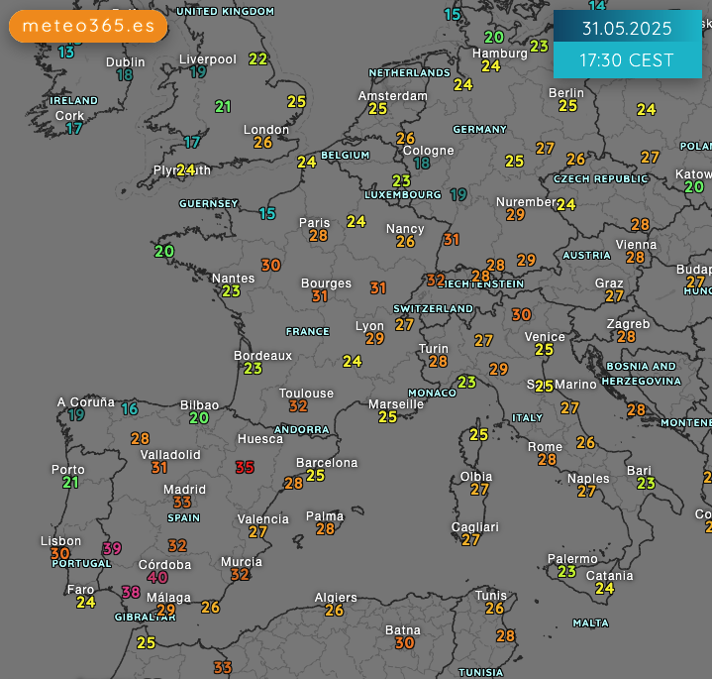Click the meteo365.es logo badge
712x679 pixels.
coord(88,26)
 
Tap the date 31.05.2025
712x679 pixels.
coord(627,28)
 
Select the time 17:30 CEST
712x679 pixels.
coord(627,60)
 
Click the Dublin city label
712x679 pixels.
coord(125,61)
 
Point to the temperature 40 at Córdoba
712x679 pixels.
coord(157,578)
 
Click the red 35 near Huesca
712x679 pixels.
coord(245,467)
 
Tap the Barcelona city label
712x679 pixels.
coord(327,463)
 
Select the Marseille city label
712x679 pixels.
coord(396,404)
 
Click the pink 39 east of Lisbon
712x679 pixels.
coord(112,548)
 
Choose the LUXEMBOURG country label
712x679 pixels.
coord(403,194)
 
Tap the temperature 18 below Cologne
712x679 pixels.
coord(422,164)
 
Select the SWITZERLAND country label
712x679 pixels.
coord(434,308)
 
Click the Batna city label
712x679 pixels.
coord(402,630)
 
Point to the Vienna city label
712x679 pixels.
coord(636,245)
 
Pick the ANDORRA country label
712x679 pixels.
coord(302,430)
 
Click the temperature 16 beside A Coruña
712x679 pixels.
coord(130,408)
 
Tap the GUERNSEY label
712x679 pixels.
coord(208,204)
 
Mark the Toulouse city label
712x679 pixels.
coord(306,394)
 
